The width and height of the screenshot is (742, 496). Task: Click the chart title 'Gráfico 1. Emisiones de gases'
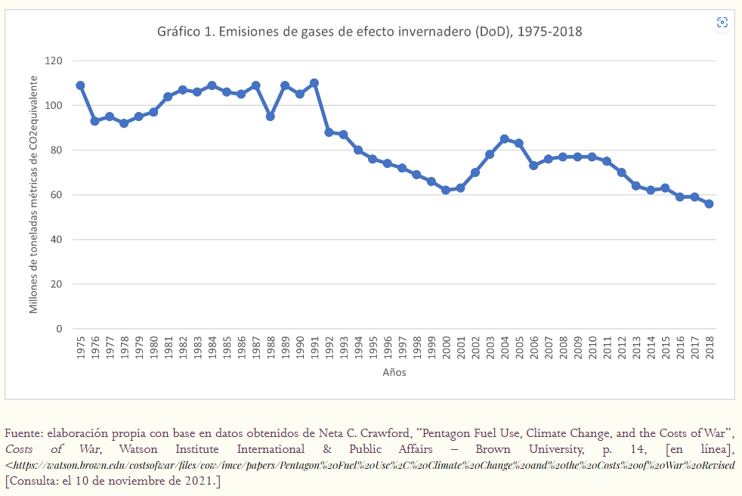pos(369,32)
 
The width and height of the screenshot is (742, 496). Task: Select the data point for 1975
pos(80,85)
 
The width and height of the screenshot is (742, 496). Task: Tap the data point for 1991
pos(314,83)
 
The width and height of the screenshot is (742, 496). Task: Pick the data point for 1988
pos(271,116)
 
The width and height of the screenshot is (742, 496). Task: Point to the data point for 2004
pos(504,139)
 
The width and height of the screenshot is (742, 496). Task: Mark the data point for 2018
pos(709,203)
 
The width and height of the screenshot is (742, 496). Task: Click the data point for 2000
pos(446,190)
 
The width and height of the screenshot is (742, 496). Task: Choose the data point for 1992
pos(329,132)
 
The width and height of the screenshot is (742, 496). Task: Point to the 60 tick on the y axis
pos(56,195)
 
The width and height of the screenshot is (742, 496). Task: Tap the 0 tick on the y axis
pos(59,329)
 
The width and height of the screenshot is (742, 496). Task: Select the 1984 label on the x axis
pos(212,349)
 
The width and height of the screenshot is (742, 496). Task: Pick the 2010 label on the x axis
pos(592,349)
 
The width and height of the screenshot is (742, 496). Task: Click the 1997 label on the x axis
pos(402,349)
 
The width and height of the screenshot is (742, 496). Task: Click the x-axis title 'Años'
pos(394,373)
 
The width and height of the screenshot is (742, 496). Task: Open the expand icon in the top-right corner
pos(722,23)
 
